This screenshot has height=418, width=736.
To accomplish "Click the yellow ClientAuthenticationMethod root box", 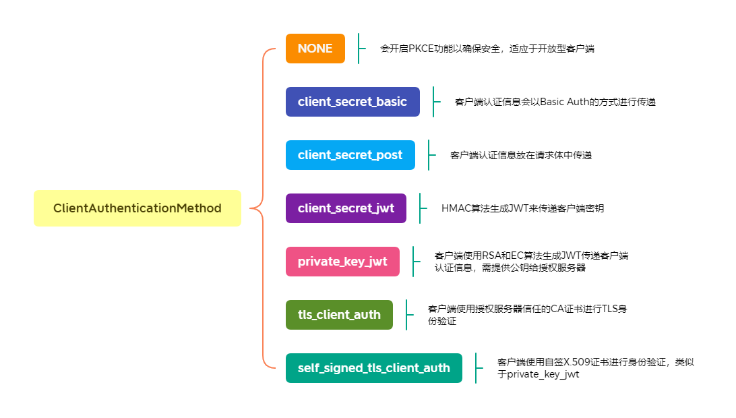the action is click(x=137, y=208).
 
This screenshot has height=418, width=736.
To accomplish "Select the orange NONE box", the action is click(x=315, y=49).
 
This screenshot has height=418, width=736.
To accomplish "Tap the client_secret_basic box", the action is click(x=352, y=101).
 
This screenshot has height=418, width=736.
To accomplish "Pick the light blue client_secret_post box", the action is click(x=350, y=155).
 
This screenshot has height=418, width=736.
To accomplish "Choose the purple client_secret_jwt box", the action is click(x=346, y=208).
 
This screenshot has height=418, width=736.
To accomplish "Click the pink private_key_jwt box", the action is click(x=342, y=262).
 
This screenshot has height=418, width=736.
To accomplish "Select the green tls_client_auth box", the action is click(x=339, y=315).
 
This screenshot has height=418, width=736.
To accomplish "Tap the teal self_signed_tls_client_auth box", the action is click(x=373, y=368).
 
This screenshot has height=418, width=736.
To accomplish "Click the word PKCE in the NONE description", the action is click(x=421, y=49).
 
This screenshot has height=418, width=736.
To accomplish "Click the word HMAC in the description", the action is click(x=456, y=208).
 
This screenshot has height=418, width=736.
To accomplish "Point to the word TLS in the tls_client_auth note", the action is click(x=610, y=309).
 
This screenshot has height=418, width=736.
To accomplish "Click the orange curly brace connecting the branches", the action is click(x=262, y=208).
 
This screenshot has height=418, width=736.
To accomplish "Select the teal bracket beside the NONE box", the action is click(x=359, y=49).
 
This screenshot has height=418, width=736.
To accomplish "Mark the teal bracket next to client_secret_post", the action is click(x=429, y=155).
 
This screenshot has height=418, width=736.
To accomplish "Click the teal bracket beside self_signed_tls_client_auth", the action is click(x=477, y=368).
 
